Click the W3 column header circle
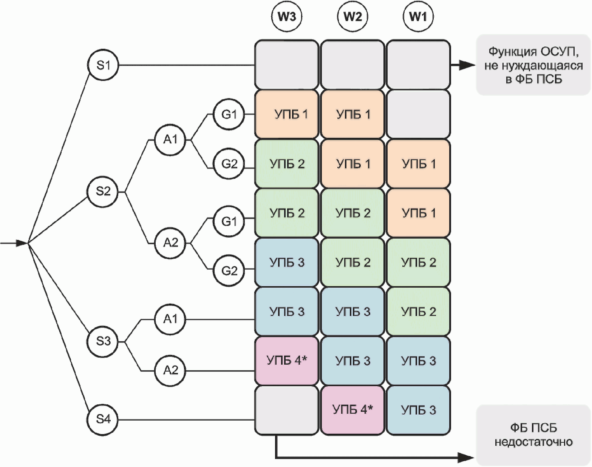point(287,17)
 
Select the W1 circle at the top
point(418,17)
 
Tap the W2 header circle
point(352,17)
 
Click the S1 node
point(103,65)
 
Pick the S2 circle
point(103,191)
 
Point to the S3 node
point(103,341)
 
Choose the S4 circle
point(103,419)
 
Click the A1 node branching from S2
point(170,140)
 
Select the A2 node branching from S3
point(170,370)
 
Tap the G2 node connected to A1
point(229,164)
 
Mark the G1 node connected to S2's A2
point(229,221)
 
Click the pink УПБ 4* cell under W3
point(287,361)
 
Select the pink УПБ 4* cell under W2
point(352,410)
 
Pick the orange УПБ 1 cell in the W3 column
point(287,114)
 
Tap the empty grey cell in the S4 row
point(287,410)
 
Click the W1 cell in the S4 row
point(418,410)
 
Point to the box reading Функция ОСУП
point(533,65)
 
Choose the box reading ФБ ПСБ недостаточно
point(533,435)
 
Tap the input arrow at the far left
point(15,243)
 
